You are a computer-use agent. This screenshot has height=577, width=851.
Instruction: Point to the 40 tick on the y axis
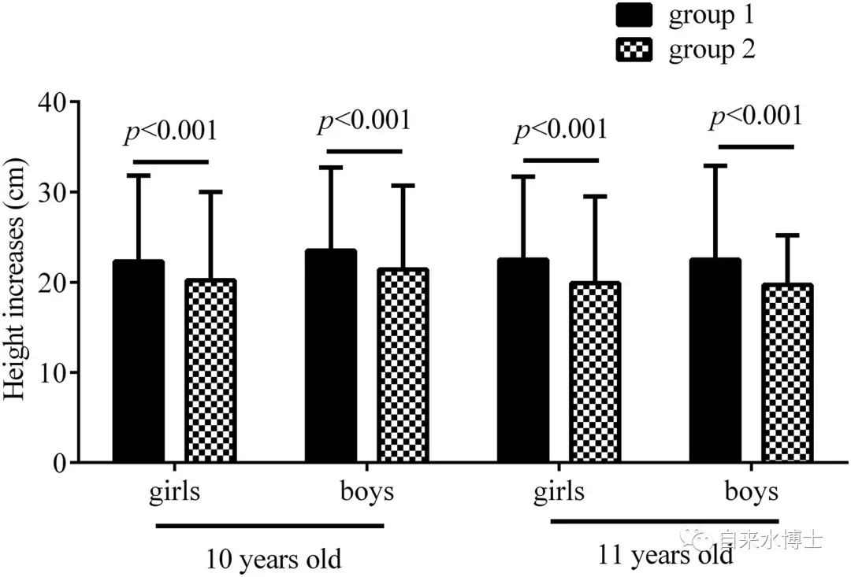[x=56, y=102]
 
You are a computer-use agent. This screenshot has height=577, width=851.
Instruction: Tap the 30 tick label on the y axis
[x=56, y=192]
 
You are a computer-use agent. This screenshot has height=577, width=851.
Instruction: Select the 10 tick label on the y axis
[x=56, y=372]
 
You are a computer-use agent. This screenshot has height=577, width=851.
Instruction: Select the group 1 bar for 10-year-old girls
[x=139, y=361]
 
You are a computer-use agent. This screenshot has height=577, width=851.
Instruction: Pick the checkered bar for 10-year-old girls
[x=210, y=371]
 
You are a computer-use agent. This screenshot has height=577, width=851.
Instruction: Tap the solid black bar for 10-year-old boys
[x=331, y=356]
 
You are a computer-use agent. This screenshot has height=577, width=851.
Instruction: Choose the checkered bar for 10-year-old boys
[x=403, y=365]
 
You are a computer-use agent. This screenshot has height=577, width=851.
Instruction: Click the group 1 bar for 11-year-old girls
[x=523, y=361]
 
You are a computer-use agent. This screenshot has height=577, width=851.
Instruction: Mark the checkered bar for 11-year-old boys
[x=786, y=373]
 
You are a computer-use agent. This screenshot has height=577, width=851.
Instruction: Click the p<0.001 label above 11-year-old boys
[x=756, y=117]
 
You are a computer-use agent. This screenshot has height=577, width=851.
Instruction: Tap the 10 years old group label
[x=274, y=560]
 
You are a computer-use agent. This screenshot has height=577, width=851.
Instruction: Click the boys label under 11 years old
[x=751, y=492]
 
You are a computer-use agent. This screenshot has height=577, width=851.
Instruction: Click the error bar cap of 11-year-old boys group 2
[x=786, y=235]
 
